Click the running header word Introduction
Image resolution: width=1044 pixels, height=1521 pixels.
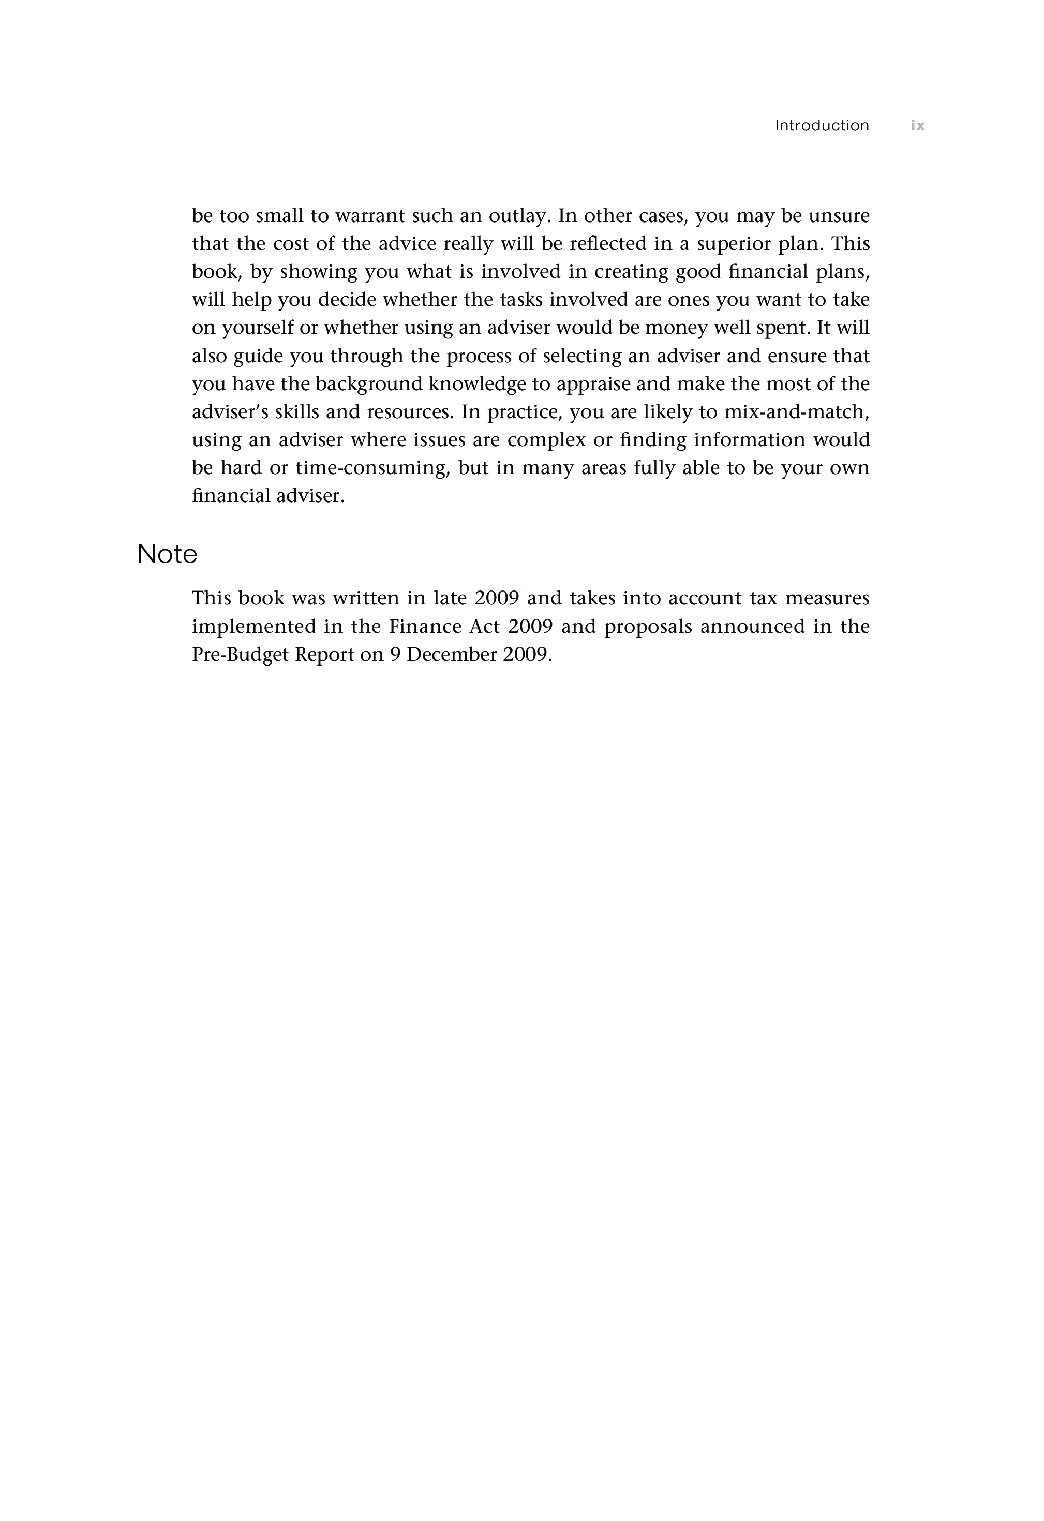click(x=822, y=125)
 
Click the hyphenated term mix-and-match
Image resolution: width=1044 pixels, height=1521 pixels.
click(x=796, y=411)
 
